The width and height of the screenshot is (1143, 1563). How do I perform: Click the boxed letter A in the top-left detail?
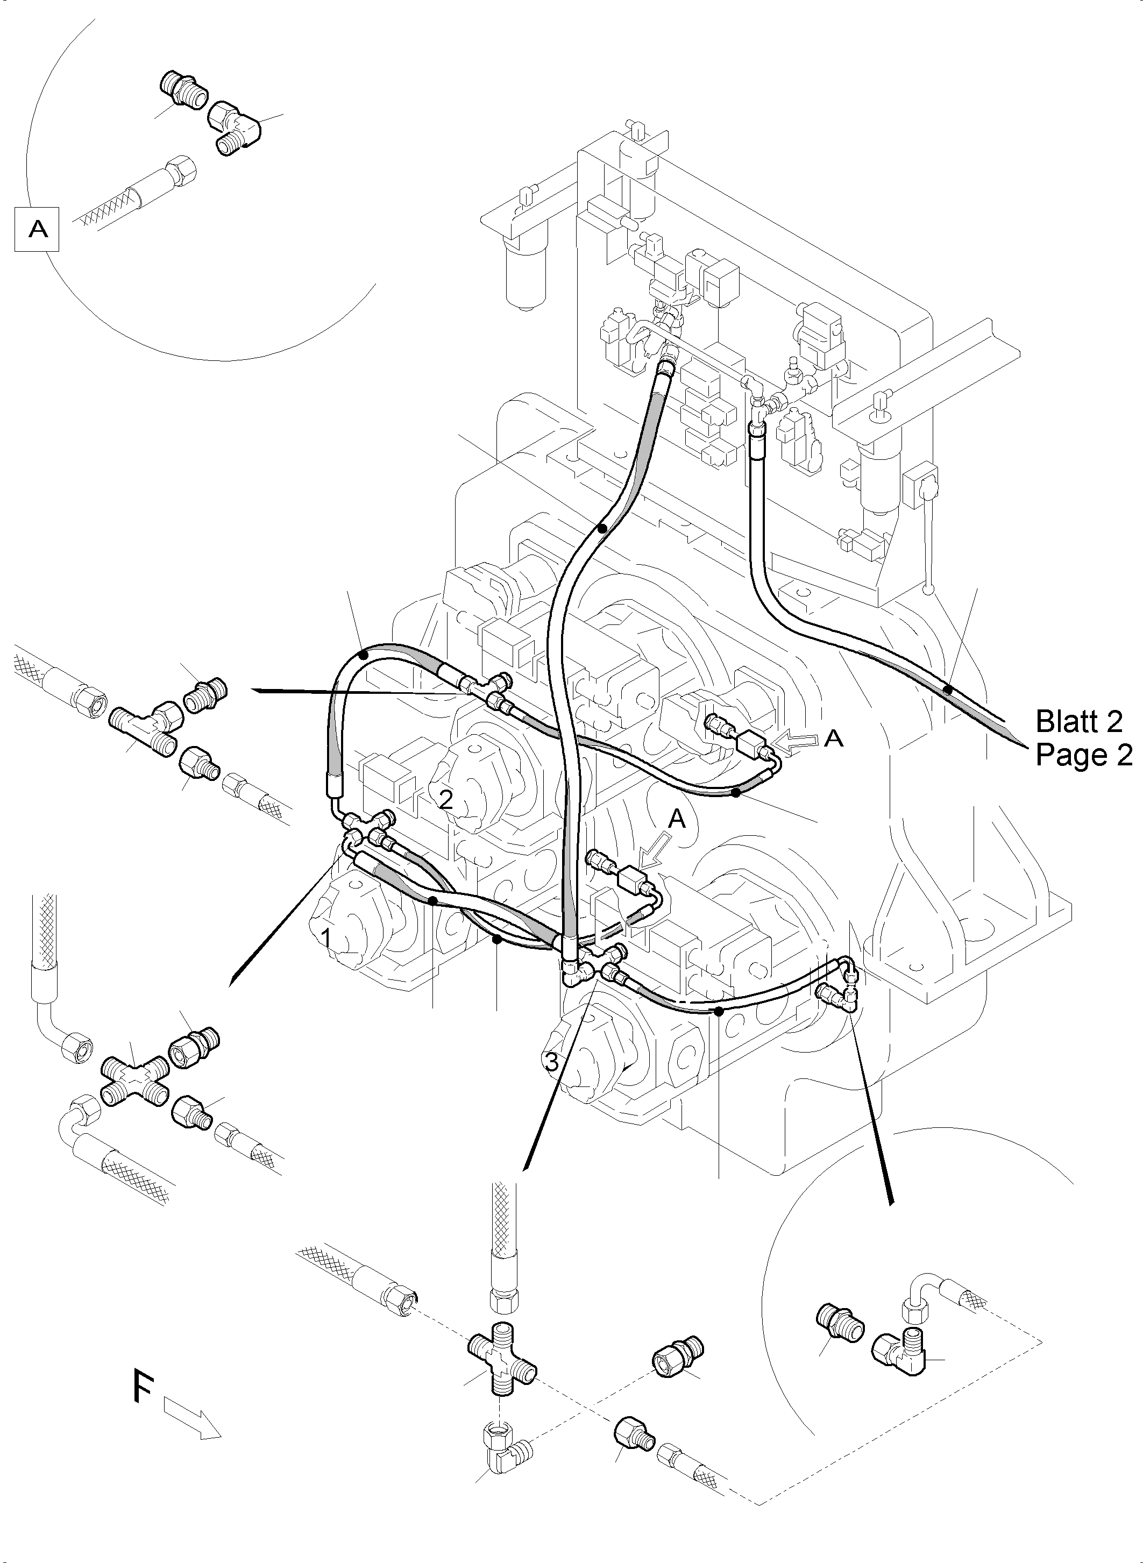point(37,229)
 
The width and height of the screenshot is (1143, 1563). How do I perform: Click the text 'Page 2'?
point(1083,755)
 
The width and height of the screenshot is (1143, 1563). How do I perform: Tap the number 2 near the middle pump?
point(446,800)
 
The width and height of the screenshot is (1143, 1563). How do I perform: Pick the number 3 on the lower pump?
point(551,1062)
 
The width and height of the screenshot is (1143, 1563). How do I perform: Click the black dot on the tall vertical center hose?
point(602,529)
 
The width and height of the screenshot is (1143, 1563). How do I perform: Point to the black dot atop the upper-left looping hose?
point(365,652)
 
